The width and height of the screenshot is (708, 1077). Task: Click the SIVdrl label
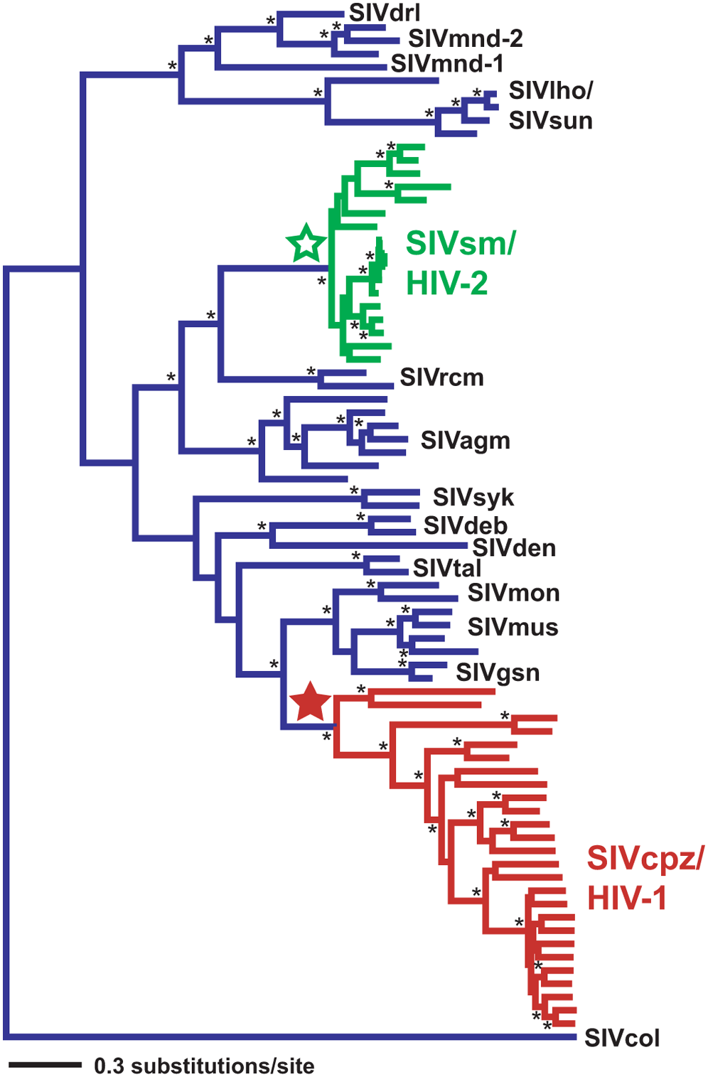pyautogui.click(x=384, y=12)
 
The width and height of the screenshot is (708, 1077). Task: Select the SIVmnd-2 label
pyautogui.click(x=465, y=38)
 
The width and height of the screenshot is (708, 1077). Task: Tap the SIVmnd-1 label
pyautogui.click(x=447, y=63)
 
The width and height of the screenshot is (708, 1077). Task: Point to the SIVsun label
pyautogui.click(x=550, y=120)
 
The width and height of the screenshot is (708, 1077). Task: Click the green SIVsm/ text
pyautogui.click(x=461, y=244)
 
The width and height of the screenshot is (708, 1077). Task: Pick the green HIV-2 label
pyautogui.click(x=446, y=284)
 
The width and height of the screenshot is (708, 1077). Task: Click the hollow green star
pyautogui.click(x=306, y=244)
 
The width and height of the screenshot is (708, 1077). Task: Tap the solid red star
pyautogui.click(x=311, y=702)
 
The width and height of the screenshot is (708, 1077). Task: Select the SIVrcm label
pyautogui.click(x=441, y=377)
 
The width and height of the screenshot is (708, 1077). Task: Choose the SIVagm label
pyautogui.click(x=465, y=440)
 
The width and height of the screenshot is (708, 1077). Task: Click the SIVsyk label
pyautogui.click(x=473, y=497)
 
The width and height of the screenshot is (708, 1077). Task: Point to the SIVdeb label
pyautogui.click(x=466, y=525)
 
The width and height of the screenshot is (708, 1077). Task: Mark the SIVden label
pyautogui.click(x=514, y=547)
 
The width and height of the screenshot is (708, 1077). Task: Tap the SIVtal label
pyautogui.click(x=447, y=568)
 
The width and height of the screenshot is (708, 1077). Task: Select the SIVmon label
pyautogui.click(x=513, y=592)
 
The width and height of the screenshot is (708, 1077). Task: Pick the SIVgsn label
pyautogui.click(x=498, y=672)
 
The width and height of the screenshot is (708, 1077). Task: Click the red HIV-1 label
pyautogui.click(x=626, y=899)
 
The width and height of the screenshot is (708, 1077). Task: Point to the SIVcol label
pyautogui.click(x=622, y=1038)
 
